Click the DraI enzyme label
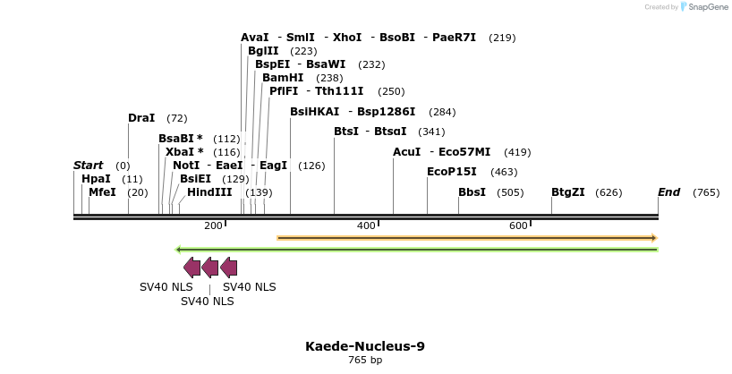click(x=141, y=118)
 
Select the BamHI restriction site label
click(x=283, y=78)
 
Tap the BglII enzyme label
click(x=263, y=51)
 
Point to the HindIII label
click(x=209, y=192)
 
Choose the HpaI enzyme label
click(x=96, y=179)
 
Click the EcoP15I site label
click(x=452, y=172)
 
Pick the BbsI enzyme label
click(x=472, y=192)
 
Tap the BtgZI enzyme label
click(x=567, y=192)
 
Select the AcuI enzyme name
click(x=406, y=152)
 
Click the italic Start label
click(x=88, y=166)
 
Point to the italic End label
click(x=668, y=192)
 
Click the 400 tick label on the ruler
click(x=366, y=225)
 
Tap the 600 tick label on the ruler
click(x=519, y=225)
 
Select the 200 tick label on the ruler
click(x=213, y=225)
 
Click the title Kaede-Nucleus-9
click(x=365, y=346)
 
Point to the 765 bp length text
click(x=365, y=361)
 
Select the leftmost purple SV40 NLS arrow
click(x=192, y=267)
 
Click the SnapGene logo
click(x=705, y=7)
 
